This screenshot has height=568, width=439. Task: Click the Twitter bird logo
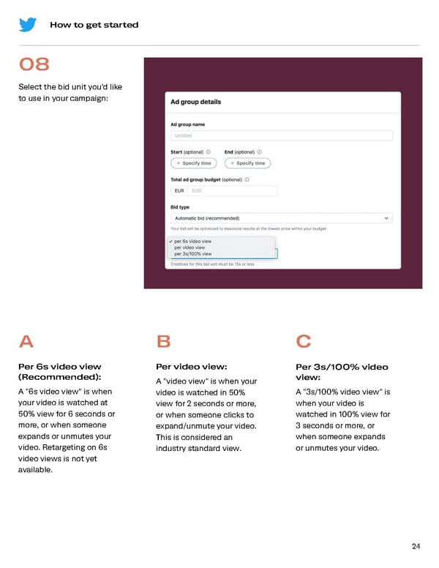coord(28,24)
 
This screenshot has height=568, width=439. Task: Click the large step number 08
coord(34,65)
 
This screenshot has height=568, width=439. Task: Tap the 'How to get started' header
coord(94,25)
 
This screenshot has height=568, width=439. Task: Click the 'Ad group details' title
coord(195,102)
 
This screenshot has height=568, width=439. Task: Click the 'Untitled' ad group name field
coord(282,135)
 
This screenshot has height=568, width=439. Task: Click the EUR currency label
coord(179,190)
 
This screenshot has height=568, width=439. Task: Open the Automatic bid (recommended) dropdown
coord(282,218)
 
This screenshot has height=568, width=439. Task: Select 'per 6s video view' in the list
coord(193,241)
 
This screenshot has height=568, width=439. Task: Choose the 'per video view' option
coord(190,247)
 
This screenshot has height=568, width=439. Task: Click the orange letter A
coord(26,342)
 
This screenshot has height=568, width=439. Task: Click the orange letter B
coord(164,342)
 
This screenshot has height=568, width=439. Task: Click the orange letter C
coord(304,342)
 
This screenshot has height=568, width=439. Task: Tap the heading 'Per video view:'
coord(192,367)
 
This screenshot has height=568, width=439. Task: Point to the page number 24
coord(416,546)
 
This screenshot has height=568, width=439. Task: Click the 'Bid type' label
coord(181,207)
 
